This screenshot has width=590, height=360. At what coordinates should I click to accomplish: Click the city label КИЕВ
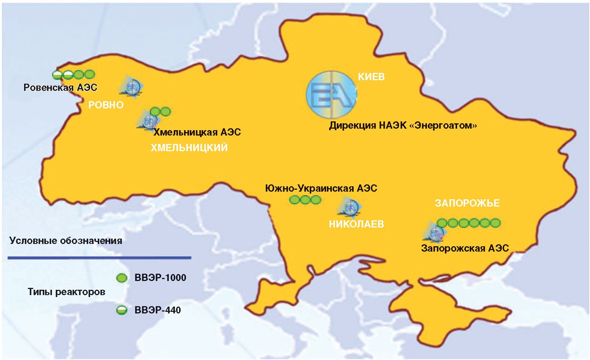371,77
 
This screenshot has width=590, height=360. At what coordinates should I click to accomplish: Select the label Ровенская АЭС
60,88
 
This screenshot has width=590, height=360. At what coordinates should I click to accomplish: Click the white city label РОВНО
106,105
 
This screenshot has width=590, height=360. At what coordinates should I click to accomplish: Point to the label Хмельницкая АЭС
197,132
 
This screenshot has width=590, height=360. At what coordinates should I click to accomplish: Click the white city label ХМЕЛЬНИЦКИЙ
189,148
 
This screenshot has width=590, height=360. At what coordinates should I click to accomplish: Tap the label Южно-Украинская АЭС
321,188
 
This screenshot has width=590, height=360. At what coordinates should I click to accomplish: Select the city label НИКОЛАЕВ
356,224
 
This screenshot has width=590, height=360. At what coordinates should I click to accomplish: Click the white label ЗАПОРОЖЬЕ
467,203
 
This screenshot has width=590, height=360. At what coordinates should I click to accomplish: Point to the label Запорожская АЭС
465,248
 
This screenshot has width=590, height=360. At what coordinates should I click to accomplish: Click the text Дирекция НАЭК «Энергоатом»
403,126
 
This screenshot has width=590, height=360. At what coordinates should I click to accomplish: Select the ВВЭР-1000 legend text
160,278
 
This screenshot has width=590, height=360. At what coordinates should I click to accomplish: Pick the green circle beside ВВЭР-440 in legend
121,310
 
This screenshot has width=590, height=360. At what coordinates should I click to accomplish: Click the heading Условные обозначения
66,241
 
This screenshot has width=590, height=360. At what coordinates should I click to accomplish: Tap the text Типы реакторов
66,292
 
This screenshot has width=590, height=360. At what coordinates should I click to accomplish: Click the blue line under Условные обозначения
99,258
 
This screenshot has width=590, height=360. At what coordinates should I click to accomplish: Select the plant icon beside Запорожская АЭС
435,232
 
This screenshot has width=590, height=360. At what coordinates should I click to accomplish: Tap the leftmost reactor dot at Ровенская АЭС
57,74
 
